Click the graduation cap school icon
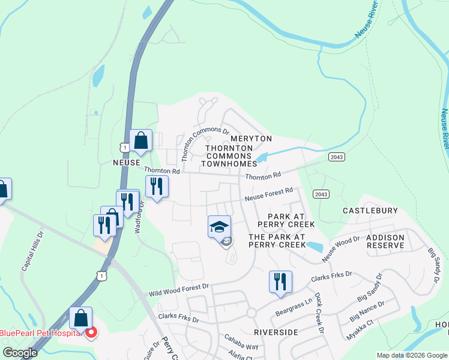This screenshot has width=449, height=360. click(219, 227)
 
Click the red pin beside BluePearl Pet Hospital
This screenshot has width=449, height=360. click(91, 332)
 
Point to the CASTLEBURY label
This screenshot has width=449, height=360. click(370, 211)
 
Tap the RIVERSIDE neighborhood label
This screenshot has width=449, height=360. click(276, 332)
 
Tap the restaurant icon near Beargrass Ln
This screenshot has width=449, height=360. click(280, 281)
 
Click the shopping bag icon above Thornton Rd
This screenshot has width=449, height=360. click(140, 141)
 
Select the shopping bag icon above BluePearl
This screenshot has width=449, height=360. click(80, 317)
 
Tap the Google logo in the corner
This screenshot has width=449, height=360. click(20, 353)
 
